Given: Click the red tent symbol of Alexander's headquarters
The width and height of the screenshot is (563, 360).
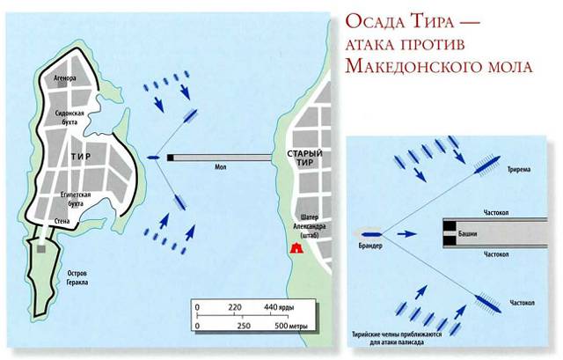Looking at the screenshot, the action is click(296, 247).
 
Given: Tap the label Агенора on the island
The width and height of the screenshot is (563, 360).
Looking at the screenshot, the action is click(64, 78).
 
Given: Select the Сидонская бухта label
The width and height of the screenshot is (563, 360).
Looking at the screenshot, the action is click(69, 117).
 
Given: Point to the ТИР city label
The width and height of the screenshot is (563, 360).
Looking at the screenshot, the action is click(81, 157).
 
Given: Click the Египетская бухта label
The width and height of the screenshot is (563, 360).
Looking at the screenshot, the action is click(76, 199).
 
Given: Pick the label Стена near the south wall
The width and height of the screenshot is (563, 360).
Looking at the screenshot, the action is click(62, 221).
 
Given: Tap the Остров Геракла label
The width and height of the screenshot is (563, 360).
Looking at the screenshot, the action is click(77, 278).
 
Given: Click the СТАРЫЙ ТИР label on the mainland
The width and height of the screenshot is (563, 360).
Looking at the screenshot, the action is click(305, 158).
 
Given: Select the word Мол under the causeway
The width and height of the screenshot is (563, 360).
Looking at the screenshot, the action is click(221, 167).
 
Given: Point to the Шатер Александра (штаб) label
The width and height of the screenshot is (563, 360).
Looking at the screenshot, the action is click(309, 226).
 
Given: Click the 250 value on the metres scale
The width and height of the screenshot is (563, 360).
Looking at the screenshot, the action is click(244, 327).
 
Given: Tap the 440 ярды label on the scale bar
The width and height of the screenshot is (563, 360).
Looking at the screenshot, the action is click(279, 307).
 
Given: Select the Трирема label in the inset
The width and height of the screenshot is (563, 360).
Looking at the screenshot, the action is click(518, 169).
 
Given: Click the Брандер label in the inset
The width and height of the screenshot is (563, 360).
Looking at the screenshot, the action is click(370, 246).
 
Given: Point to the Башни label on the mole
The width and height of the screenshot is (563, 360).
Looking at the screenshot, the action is click(467, 234).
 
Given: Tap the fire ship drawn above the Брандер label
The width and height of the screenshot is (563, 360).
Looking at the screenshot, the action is click(371, 235).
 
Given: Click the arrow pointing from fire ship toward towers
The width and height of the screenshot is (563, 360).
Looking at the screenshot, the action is click(406, 234).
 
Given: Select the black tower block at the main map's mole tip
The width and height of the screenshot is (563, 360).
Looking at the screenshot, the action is click(170, 158).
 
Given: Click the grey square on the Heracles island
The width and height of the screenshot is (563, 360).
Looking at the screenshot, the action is click(41, 249).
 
